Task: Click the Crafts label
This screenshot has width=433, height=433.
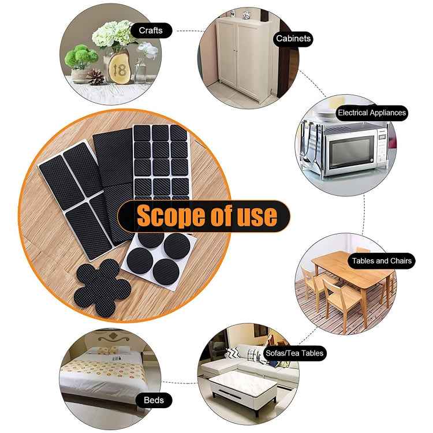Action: (151, 30)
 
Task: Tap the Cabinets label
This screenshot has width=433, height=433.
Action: (293, 39)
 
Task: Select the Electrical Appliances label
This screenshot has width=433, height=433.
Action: (372, 113)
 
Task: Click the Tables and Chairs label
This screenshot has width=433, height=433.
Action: (382, 261)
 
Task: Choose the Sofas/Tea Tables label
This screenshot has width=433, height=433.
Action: (294, 353)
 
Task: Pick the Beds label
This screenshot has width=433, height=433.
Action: (154, 400)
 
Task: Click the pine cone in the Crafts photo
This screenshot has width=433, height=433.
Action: (94, 76)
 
